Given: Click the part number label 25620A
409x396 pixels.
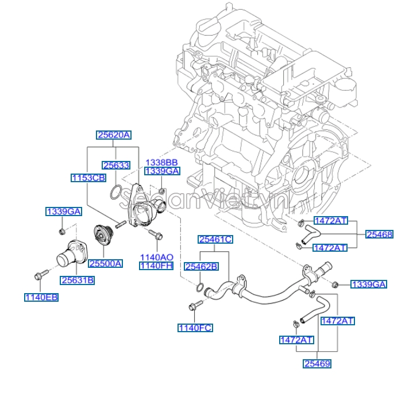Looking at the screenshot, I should click(114, 135).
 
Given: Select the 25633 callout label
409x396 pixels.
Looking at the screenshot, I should click(115, 165).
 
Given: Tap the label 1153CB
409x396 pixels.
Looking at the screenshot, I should click(88, 178).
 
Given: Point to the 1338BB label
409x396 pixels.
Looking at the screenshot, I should click(161, 163).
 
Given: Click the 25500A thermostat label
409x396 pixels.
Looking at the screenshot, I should click(105, 264).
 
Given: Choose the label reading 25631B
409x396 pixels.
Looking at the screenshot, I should click(78, 280).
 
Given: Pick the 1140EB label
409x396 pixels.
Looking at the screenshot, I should click(41, 297).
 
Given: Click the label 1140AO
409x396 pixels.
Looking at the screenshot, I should click(156, 257).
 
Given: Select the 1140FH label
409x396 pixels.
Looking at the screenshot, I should click(156, 266).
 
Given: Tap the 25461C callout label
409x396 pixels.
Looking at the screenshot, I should click(215, 239).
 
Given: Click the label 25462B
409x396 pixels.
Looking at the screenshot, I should click(201, 266).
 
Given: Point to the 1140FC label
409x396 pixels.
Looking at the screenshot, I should click(195, 328).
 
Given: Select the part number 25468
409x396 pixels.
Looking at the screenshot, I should click(380, 234).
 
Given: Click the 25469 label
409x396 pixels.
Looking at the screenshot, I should click(317, 364).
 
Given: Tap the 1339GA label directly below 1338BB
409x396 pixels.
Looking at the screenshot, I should click(161, 171).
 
